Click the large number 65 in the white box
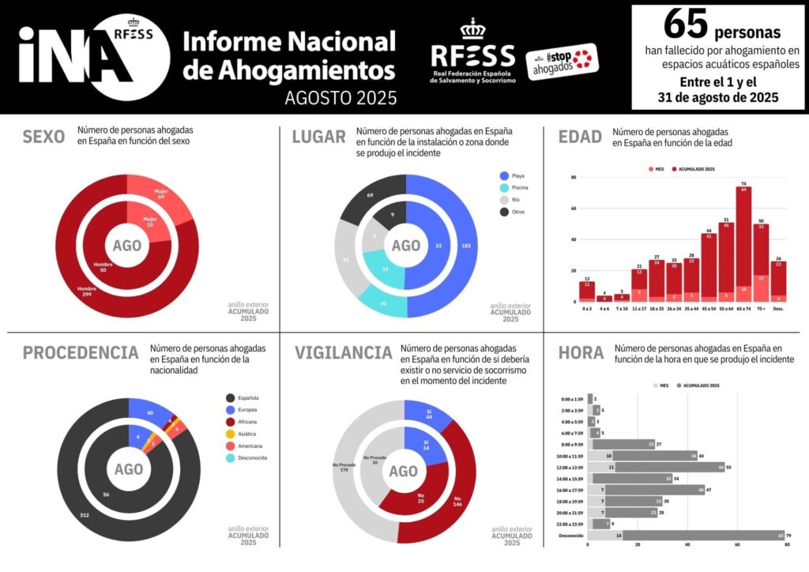click(684, 24)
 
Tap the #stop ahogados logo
click(562, 62)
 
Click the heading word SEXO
click(43, 137)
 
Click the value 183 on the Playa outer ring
click(466, 246)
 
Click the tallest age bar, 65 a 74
click(743, 243)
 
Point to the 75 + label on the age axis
click(760, 308)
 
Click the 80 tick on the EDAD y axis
click(573, 178)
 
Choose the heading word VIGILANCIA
click(343, 353)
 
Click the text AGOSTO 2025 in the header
click(341, 97)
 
